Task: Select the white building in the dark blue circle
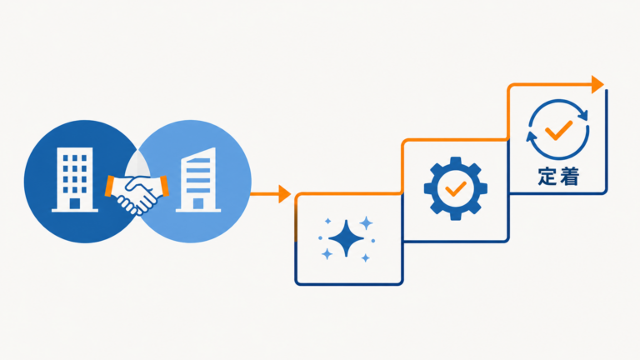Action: (x=75, y=180)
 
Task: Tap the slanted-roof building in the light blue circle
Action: (x=198, y=180)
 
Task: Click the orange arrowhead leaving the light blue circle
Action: (x=285, y=194)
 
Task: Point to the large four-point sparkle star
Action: (x=346, y=238)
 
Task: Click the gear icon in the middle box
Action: (x=456, y=188)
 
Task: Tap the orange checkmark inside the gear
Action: (x=456, y=188)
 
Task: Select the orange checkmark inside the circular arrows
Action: (x=559, y=130)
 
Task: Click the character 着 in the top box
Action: (x=569, y=177)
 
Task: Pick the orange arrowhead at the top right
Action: (x=597, y=84)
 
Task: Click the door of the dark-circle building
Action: (x=75, y=203)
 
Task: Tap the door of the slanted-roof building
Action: (x=198, y=203)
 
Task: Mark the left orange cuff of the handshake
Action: (x=110, y=186)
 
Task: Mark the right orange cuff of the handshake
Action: (x=164, y=186)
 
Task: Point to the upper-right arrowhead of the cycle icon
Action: (x=583, y=115)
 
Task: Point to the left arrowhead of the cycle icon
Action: (x=532, y=137)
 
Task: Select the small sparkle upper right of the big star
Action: (x=366, y=223)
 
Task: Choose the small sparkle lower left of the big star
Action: (x=327, y=254)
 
